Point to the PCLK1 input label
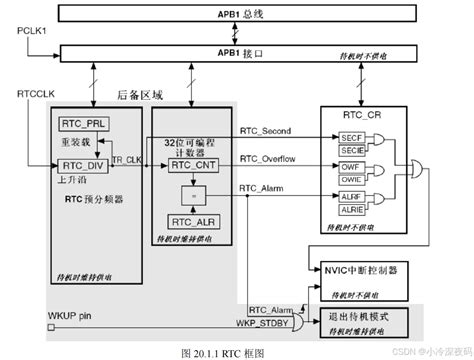point(34,33)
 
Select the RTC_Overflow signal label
point(271,159)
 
